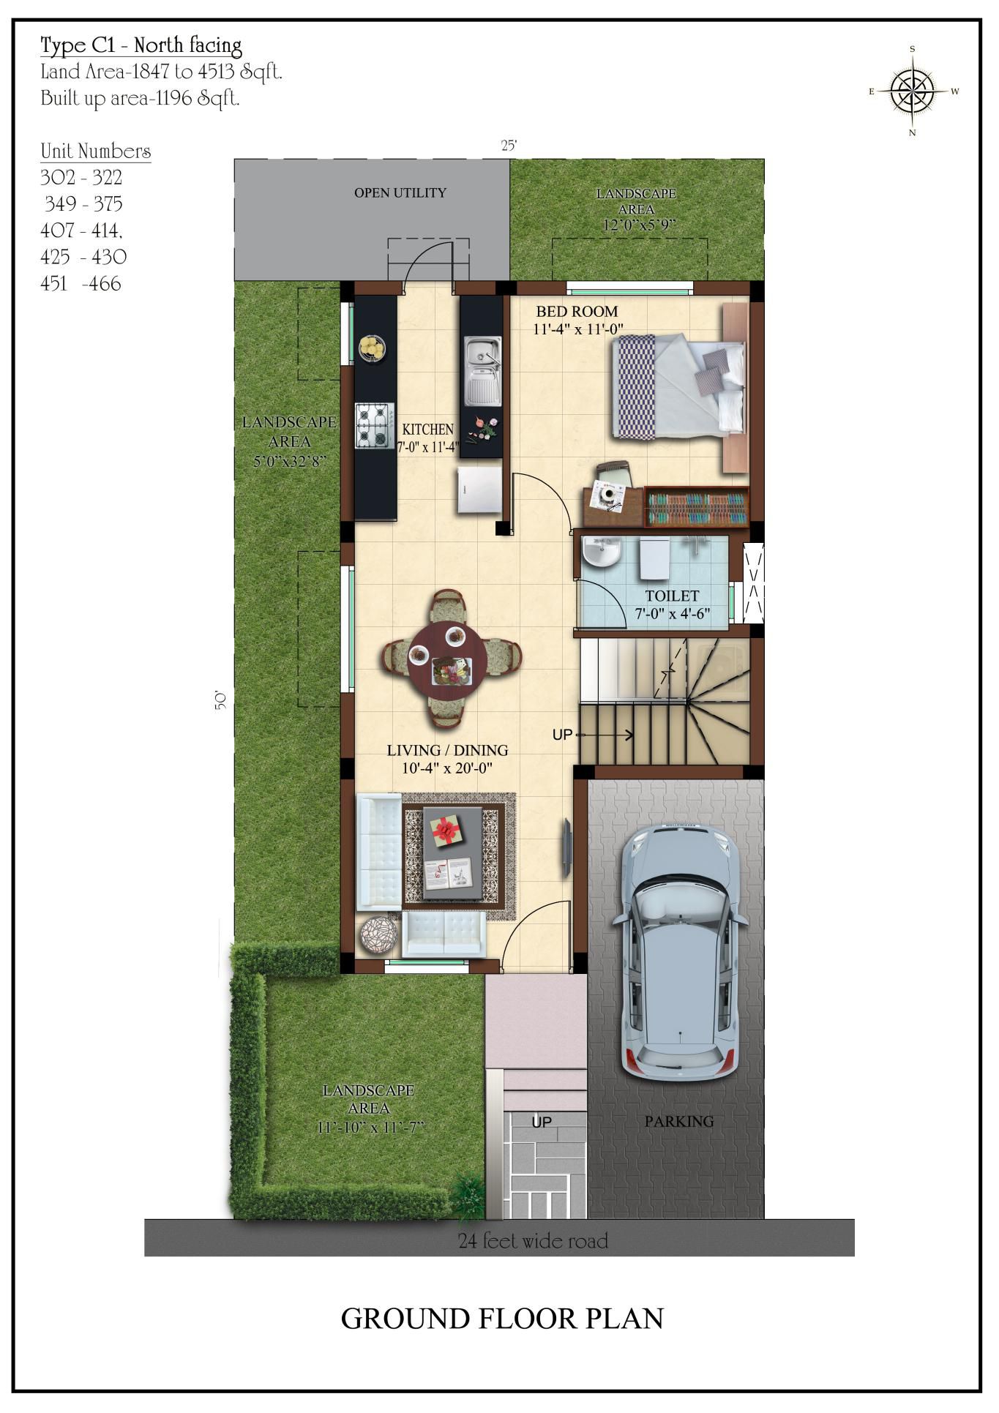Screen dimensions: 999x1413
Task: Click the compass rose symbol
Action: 913,91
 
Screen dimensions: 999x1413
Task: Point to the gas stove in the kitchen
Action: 375,425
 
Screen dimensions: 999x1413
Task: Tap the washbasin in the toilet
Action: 602,552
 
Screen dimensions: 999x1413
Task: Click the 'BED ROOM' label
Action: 577,312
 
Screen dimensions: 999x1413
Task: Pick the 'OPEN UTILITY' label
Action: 400,193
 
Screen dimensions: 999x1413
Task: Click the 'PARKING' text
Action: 679,1121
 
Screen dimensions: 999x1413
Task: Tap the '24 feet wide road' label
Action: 533,1240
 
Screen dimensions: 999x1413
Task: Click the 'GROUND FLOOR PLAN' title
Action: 502,1318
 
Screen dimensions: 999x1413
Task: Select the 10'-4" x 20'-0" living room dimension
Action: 447,768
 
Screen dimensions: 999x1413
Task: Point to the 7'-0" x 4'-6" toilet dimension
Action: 672,614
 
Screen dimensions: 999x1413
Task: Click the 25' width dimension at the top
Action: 509,146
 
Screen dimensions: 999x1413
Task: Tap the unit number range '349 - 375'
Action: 83,203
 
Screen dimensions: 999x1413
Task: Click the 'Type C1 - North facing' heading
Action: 141,46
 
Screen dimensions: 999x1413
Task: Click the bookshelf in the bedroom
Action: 696,506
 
